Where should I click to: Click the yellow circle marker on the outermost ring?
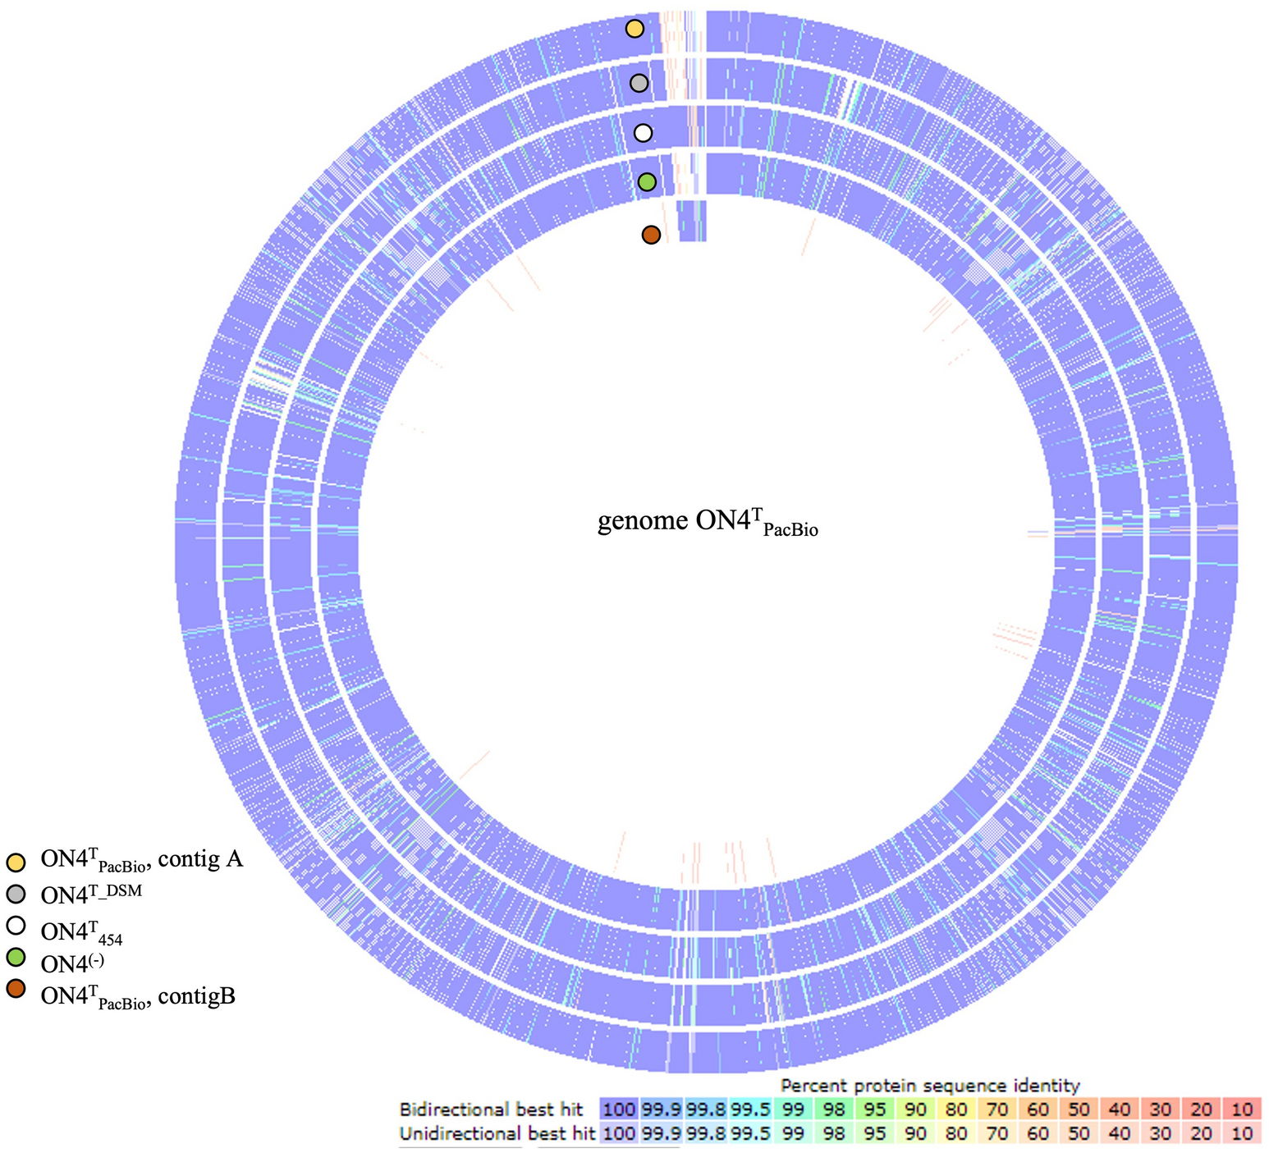634,29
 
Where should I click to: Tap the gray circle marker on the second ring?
639,83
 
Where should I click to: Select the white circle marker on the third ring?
643,132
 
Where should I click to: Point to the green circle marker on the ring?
647,182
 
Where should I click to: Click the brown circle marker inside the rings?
651,235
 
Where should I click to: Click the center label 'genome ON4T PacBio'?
708,523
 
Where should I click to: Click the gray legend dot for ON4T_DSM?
15,894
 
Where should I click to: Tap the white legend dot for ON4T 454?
15,926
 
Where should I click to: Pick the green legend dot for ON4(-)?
15,958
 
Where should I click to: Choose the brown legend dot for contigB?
15,989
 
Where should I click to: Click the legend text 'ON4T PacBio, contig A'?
141,861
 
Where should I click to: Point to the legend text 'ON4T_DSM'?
91,894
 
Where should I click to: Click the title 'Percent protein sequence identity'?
930,1085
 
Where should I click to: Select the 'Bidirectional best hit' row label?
490,1110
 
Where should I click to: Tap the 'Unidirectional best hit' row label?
497,1134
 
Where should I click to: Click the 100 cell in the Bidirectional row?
619,1110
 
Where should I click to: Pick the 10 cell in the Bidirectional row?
1242,1110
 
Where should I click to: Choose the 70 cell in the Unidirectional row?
996,1134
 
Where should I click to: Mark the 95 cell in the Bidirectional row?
875,1110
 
